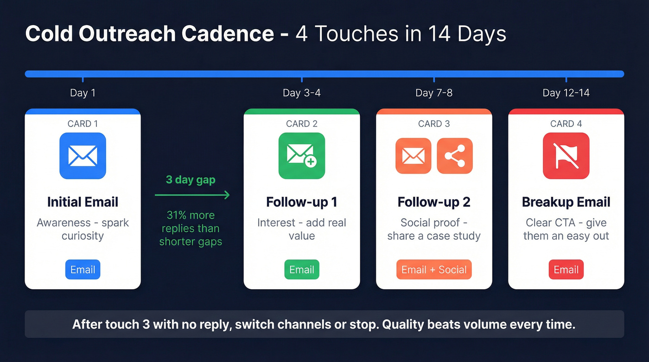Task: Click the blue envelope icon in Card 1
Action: tap(83, 156)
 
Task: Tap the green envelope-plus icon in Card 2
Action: tap(302, 156)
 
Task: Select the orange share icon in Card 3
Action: tap(455, 156)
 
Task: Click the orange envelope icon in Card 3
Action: tap(413, 156)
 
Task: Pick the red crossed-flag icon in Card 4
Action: tap(566, 156)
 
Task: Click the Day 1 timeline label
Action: tap(83, 93)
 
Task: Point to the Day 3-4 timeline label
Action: tap(302, 93)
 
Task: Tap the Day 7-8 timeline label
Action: tap(434, 93)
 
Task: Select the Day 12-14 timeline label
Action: tap(566, 93)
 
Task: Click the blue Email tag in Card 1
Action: tap(83, 270)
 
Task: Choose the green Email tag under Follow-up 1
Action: tap(302, 270)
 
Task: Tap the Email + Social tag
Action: tap(434, 270)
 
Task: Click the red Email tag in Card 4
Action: tap(566, 270)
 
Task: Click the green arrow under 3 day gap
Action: tap(192, 195)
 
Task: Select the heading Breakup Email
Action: tap(566, 202)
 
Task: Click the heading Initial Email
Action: tap(83, 202)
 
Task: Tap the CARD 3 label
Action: tap(434, 124)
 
